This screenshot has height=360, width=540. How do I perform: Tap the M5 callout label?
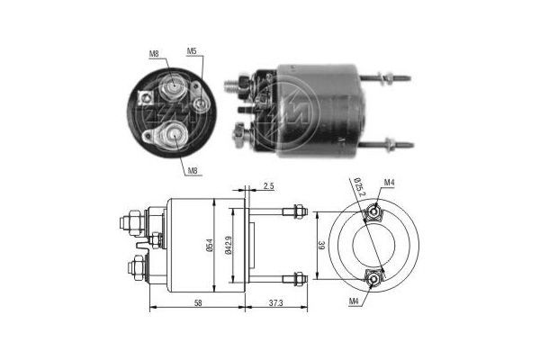pyautogui.click(x=192, y=52)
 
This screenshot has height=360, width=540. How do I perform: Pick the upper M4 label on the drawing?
pyautogui.click(x=389, y=184)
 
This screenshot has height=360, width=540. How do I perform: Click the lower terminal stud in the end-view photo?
pyautogui.click(x=168, y=136)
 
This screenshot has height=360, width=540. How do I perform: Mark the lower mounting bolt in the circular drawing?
pyautogui.click(x=372, y=275)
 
